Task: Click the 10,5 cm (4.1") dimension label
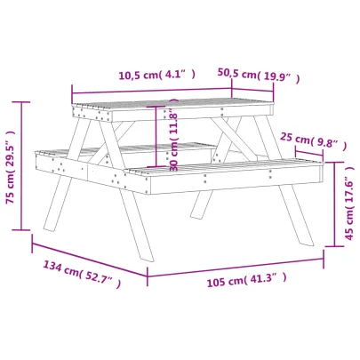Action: point(156,76)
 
